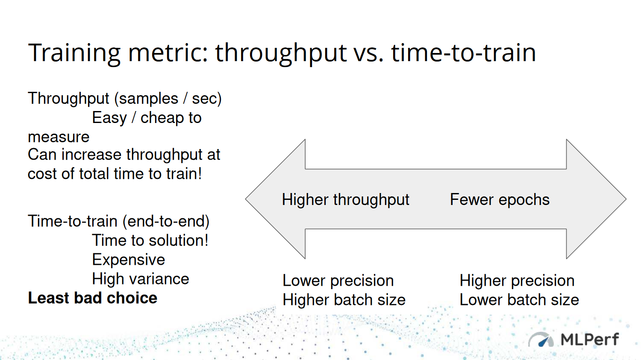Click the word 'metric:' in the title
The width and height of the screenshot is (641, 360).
[168, 53]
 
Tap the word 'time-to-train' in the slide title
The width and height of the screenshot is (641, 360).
[463, 53]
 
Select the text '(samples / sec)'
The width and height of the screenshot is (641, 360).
[168, 99]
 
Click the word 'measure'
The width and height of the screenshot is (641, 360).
[59, 137]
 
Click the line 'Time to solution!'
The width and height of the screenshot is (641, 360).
[150, 240]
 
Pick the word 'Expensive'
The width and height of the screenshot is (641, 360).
[129, 260]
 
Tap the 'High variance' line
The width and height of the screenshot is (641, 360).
[141, 279]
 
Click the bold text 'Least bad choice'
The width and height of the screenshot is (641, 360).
[92, 298]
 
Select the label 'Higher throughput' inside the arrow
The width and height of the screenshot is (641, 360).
[345, 199]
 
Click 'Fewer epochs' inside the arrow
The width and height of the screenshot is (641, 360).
[500, 199]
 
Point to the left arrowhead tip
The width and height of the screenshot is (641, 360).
[246, 199]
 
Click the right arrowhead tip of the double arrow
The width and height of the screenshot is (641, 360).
[626, 199]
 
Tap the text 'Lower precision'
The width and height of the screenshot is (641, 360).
[338, 281]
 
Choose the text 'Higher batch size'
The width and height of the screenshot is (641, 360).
[344, 300]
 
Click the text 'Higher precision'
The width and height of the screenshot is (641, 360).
[517, 281]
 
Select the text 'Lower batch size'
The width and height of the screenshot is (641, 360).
[519, 300]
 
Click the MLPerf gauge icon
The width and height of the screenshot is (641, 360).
[541, 340]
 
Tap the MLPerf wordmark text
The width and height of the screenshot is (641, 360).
[589, 340]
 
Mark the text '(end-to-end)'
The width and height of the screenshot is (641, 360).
[166, 222]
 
